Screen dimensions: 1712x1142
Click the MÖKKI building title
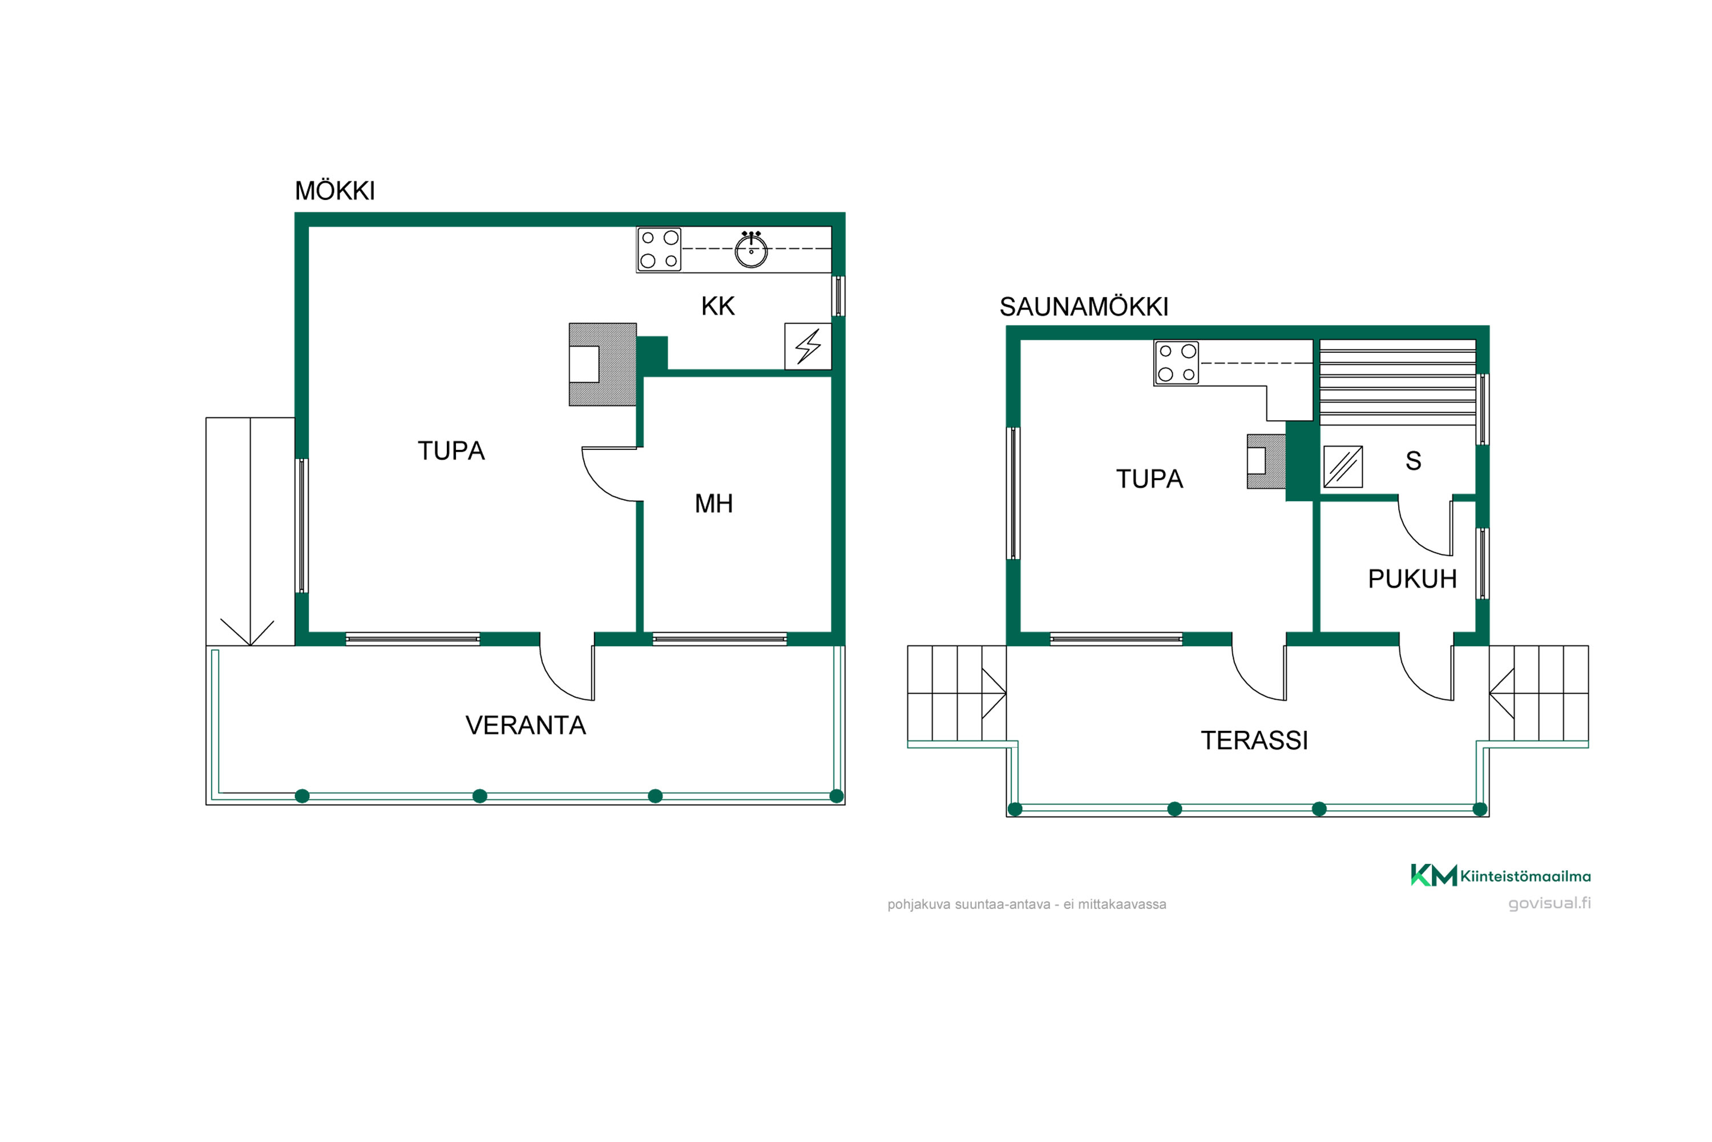(x=335, y=191)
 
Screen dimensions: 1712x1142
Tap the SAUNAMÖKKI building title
(x=1084, y=307)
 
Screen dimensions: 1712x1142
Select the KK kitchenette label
(x=718, y=306)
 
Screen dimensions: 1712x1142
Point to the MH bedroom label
(x=713, y=503)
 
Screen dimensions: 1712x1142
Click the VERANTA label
(x=526, y=725)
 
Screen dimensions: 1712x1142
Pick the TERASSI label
(x=1254, y=741)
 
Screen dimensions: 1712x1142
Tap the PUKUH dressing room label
(x=1412, y=579)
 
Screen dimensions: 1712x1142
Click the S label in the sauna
(x=1414, y=461)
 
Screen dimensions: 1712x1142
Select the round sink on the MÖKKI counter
(x=751, y=250)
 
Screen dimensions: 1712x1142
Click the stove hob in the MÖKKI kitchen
(x=659, y=249)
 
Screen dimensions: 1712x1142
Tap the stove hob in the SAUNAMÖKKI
(x=1177, y=363)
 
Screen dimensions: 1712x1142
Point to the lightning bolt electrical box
(x=808, y=347)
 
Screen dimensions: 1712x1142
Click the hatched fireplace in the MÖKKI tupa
(x=603, y=364)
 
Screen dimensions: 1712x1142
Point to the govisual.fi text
(x=1550, y=903)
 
